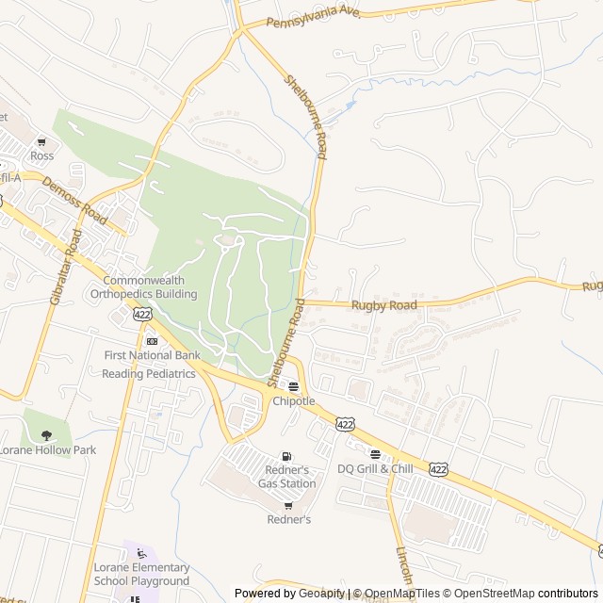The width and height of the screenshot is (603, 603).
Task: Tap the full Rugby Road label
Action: pos(383,305)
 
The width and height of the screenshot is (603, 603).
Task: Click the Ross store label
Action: pos(41,155)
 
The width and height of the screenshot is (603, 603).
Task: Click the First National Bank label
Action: pos(152,355)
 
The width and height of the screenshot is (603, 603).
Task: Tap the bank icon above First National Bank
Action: pos(152,341)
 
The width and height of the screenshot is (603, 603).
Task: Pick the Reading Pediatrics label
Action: pos(149,373)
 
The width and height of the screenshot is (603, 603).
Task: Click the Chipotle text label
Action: pos(293,400)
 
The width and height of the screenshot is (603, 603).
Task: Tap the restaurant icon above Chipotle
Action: pos(293,386)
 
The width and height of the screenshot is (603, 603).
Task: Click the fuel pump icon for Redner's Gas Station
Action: pos(286,457)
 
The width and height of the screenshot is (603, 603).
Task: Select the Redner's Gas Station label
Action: pos(287,477)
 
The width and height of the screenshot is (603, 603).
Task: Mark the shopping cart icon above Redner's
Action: pos(288,506)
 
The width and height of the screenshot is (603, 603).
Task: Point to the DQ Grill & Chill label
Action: pos(375,468)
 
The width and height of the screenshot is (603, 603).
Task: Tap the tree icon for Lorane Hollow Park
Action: pos(46,434)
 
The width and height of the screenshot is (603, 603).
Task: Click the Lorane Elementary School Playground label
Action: pos(141,575)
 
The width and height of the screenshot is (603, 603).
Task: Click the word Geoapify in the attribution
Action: pos(322,594)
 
